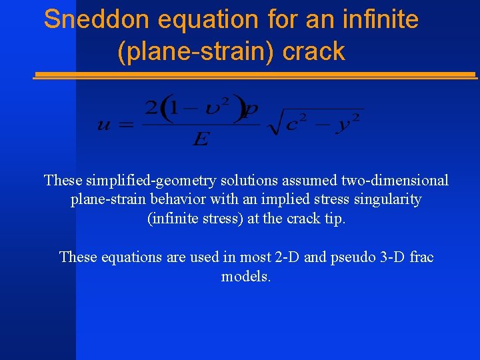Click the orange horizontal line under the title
[x=254, y=75]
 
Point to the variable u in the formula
[x=104, y=124]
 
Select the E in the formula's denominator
[x=200, y=139]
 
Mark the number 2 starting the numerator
[x=151, y=107]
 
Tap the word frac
[x=421, y=257]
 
